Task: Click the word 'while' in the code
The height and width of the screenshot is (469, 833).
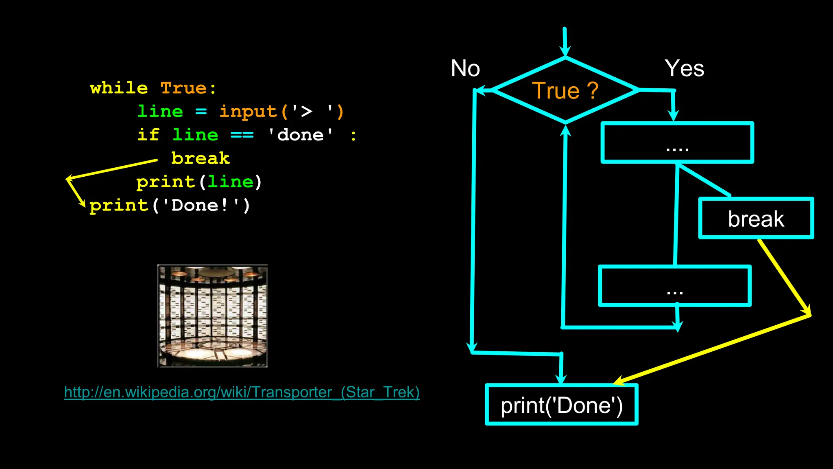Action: click(x=119, y=88)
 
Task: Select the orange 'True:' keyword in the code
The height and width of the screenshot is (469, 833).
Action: click(x=188, y=88)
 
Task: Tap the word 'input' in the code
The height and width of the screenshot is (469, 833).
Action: click(x=248, y=112)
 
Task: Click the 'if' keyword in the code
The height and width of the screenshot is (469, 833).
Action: click(x=148, y=135)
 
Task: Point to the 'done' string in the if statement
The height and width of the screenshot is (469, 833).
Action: click(x=301, y=135)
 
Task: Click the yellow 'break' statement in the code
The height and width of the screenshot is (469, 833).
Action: click(x=201, y=158)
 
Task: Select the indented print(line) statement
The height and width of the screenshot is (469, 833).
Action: click(x=199, y=182)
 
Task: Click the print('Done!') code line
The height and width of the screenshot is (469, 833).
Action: click(x=170, y=206)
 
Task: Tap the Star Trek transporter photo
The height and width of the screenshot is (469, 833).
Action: click(x=212, y=316)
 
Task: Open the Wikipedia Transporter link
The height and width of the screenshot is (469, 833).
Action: click(x=242, y=392)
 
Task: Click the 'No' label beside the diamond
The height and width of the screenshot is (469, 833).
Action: click(x=465, y=68)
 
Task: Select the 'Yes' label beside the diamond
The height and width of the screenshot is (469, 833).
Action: click(x=684, y=68)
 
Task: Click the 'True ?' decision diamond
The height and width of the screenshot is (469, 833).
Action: click(x=565, y=90)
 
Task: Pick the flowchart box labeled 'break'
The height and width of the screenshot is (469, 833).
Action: click(x=756, y=219)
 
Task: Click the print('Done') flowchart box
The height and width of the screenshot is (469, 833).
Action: click(x=561, y=405)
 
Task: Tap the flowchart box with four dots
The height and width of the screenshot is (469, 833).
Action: click(x=677, y=143)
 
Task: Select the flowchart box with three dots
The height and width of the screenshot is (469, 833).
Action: click(x=675, y=286)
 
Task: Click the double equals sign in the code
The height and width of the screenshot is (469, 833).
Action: click(x=242, y=135)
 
